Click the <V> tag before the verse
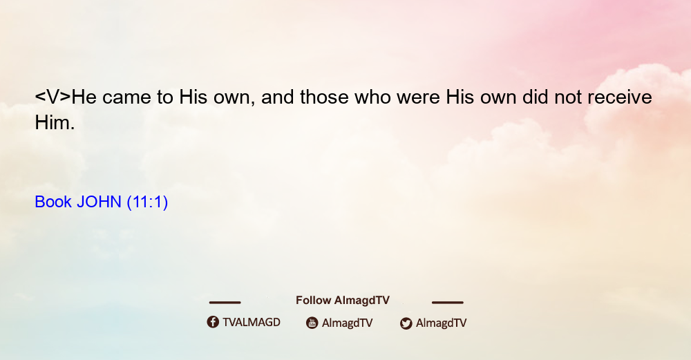[53, 97]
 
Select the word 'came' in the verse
[126, 97]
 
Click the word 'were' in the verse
[418, 97]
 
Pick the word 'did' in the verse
[536, 97]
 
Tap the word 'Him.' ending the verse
[55, 122]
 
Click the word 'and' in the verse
[278, 97]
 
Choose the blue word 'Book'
[53, 202]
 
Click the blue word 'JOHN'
[99, 202]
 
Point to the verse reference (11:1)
[147, 202]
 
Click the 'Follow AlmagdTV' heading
[343, 301]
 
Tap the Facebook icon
[213, 322]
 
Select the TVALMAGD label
[252, 323]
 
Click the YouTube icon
[312, 323]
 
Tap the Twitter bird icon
[406, 323]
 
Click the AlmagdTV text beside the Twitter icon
[441, 323]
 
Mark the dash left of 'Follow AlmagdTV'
[225, 303]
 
